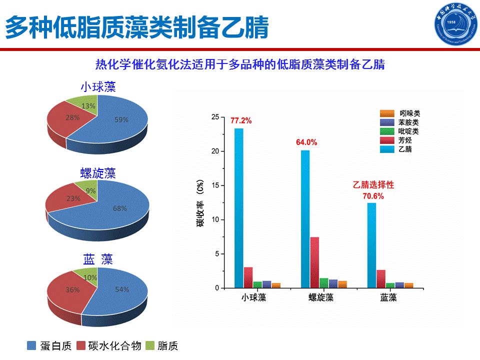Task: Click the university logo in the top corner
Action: (x=456, y=24)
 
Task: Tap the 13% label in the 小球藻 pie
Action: (x=88, y=106)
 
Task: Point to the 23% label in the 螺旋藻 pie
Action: (x=73, y=198)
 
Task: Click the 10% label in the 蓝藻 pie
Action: (x=90, y=277)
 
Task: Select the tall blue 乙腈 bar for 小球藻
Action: (x=239, y=208)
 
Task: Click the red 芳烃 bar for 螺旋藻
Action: (x=314, y=262)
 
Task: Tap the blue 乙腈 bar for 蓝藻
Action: (x=371, y=245)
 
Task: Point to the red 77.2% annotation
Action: (x=241, y=120)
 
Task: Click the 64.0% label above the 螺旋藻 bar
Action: (x=306, y=142)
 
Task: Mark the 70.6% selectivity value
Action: (x=373, y=196)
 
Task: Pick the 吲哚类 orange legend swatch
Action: (x=387, y=113)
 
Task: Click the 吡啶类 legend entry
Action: (x=399, y=131)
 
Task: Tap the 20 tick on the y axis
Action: (x=215, y=151)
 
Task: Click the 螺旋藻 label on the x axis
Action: (x=321, y=297)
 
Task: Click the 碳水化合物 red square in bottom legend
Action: (x=81, y=345)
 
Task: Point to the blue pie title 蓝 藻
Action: (x=98, y=259)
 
